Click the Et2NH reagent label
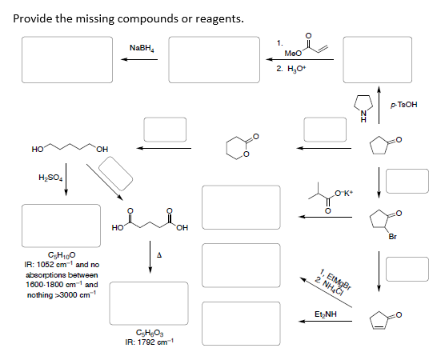coord(325,316)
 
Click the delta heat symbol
coord(161,255)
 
